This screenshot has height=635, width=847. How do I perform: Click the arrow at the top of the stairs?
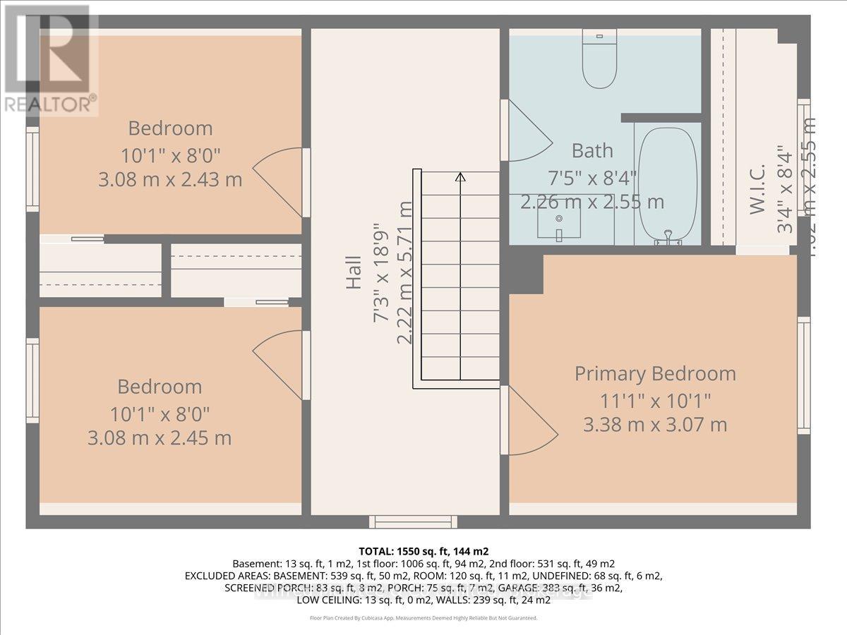pyautogui.click(x=460, y=176)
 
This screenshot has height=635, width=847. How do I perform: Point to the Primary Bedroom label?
pyautogui.click(x=654, y=373)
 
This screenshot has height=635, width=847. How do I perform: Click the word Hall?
pyautogui.click(x=354, y=276)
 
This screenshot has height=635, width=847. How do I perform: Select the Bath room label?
pyautogui.click(x=591, y=150)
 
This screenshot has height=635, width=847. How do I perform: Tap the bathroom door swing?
pyautogui.click(x=527, y=130)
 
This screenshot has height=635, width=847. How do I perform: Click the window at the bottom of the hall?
pyautogui.click(x=413, y=521)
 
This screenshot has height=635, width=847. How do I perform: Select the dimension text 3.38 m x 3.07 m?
pyautogui.click(x=654, y=425)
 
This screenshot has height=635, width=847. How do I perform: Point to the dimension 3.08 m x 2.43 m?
pyautogui.click(x=170, y=179)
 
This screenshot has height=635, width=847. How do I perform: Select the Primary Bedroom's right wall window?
pyautogui.click(x=803, y=374)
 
